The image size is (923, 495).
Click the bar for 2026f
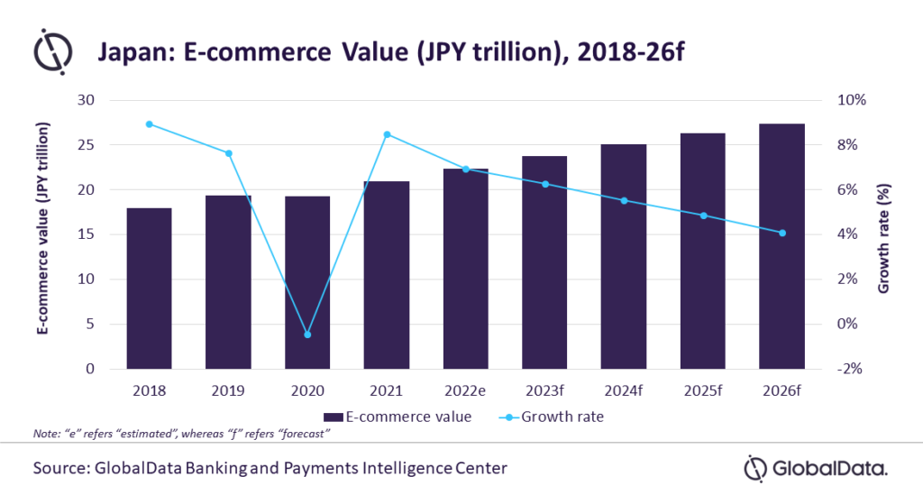(781, 246)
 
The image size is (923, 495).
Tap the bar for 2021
(386, 275)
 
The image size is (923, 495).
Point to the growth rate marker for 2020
(307, 335)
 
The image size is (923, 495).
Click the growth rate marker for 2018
(149, 124)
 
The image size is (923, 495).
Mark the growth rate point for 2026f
(781, 233)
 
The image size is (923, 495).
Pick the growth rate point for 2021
(387, 134)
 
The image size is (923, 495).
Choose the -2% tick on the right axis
(852, 369)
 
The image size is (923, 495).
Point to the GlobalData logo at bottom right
(816, 468)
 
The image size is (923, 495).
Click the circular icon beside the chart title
(52, 51)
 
